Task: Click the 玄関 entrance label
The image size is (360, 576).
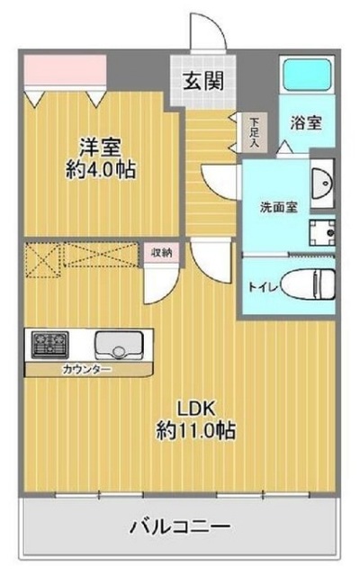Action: tap(205, 78)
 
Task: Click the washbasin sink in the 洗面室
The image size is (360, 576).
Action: tap(322, 184)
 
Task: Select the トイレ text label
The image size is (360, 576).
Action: tap(261, 287)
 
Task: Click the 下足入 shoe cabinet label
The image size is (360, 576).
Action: tap(256, 132)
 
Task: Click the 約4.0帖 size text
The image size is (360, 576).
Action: tap(101, 168)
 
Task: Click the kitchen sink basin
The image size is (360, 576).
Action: tap(118, 345)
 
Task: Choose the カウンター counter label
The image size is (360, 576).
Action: tap(87, 370)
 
